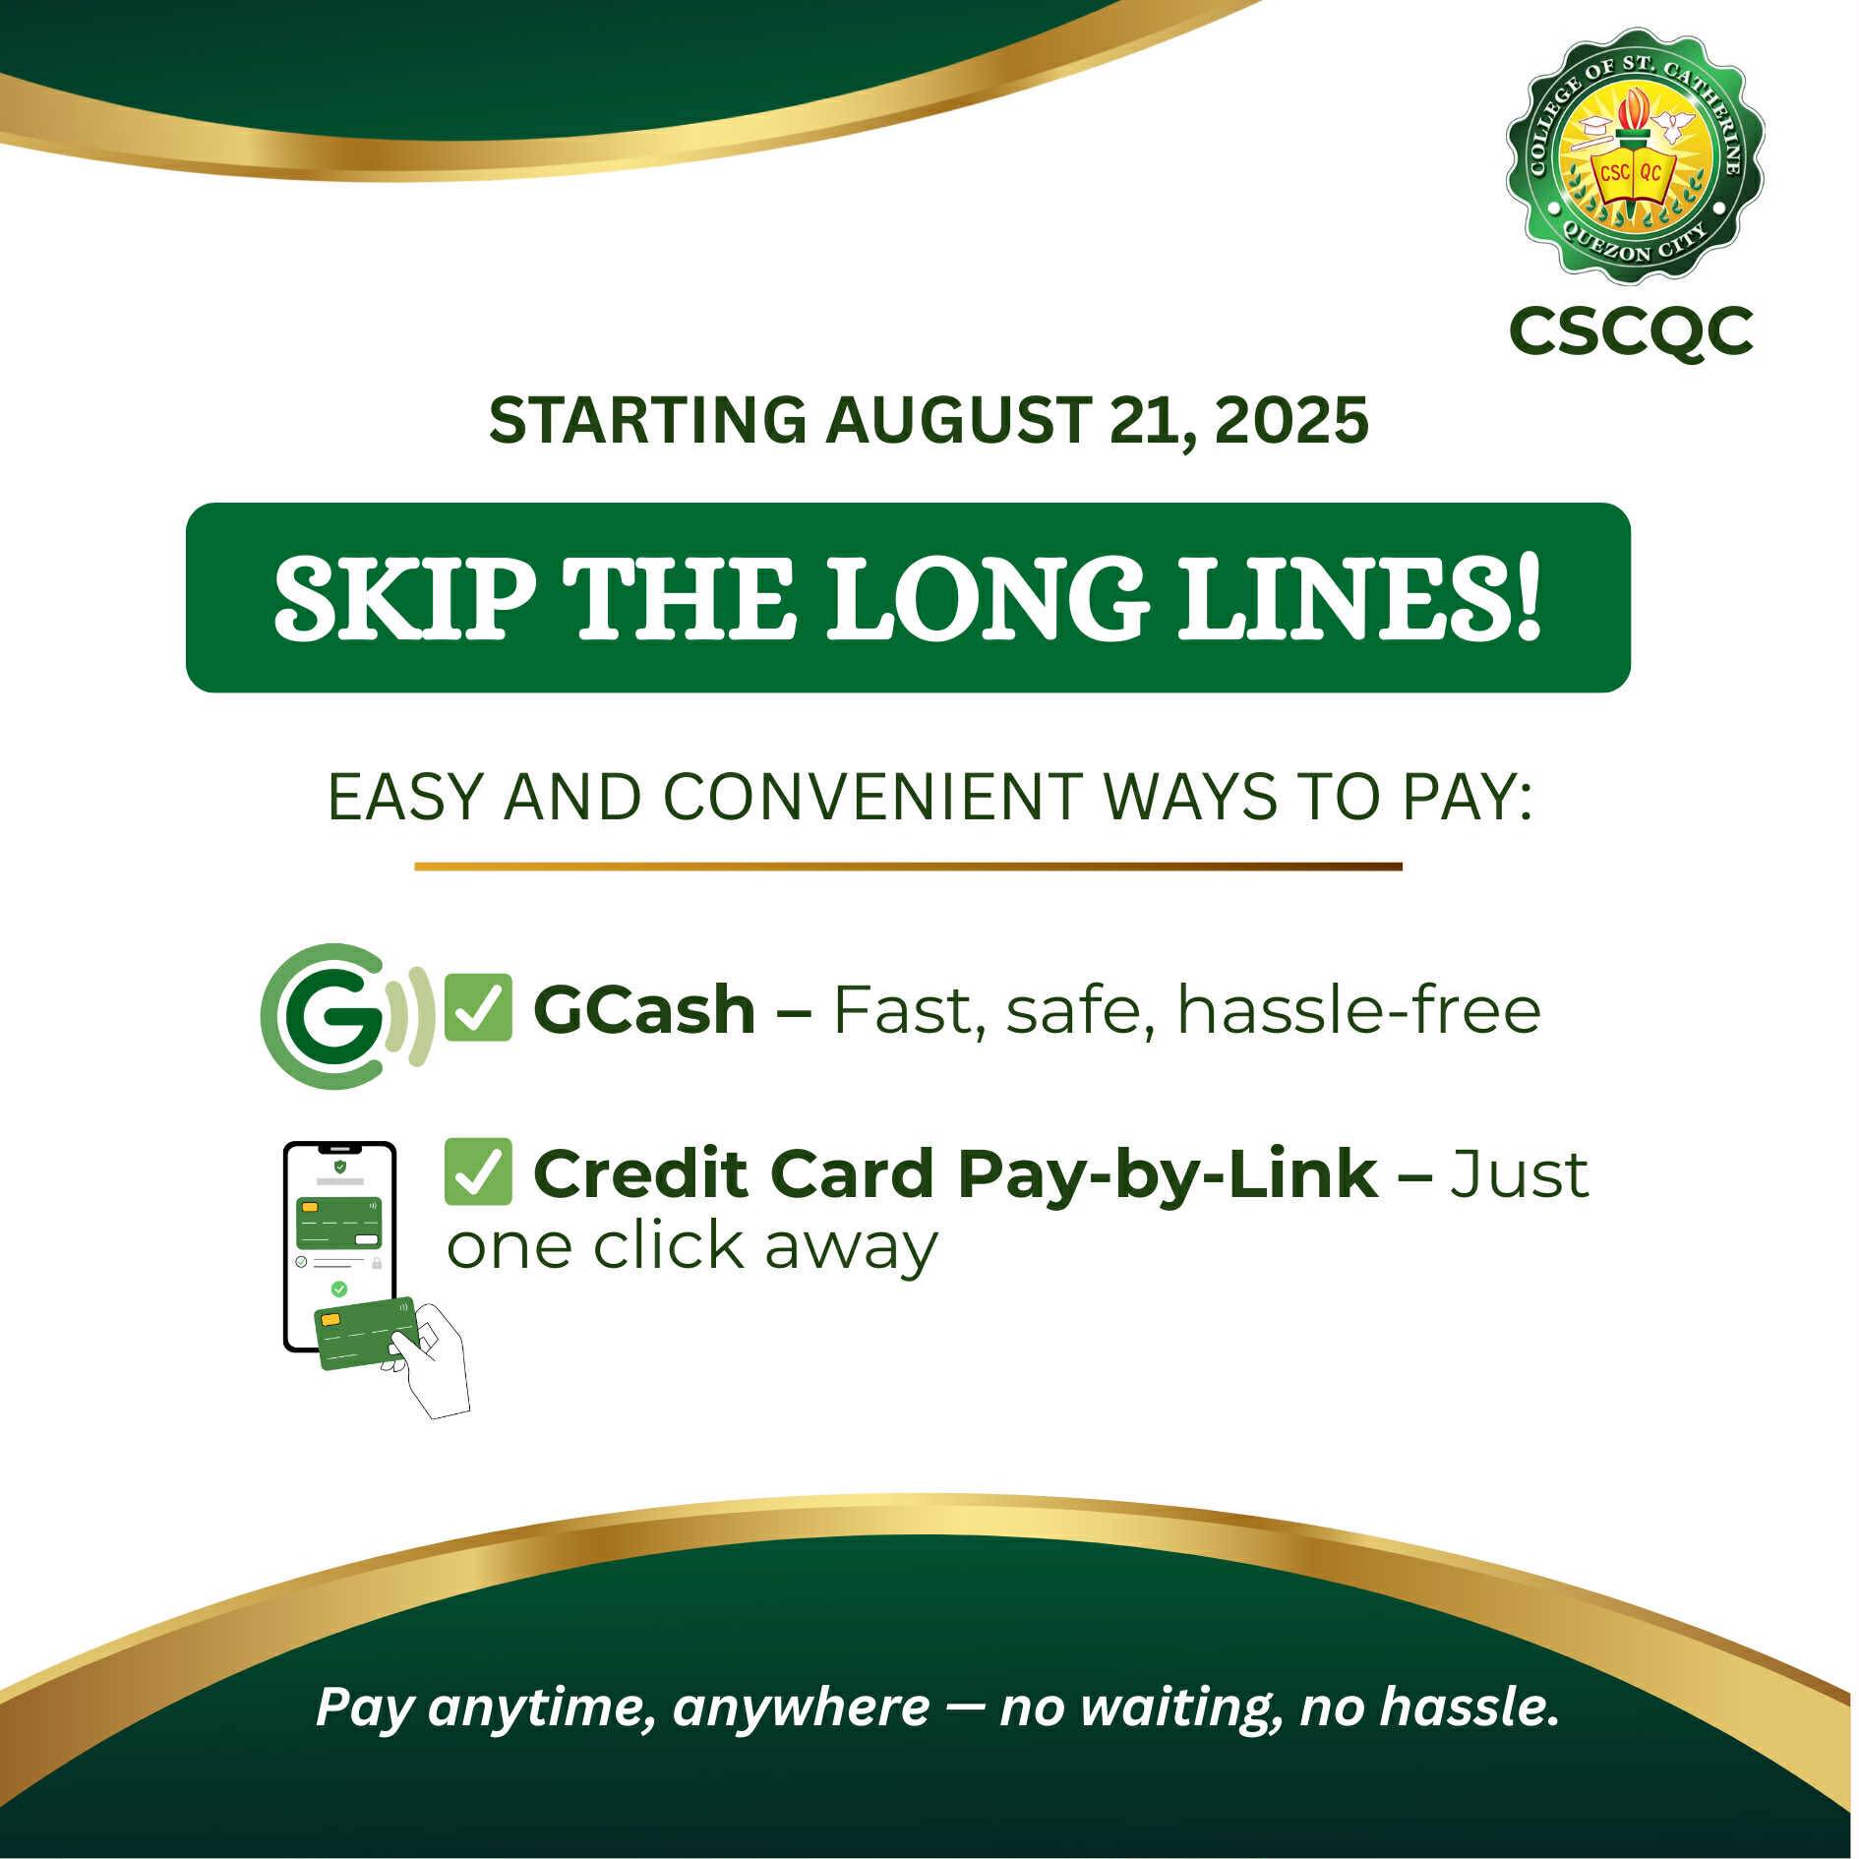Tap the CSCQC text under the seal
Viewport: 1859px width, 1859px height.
(x=1631, y=331)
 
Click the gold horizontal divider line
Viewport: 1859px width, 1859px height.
(x=908, y=867)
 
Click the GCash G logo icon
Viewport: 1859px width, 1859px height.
(x=346, y=1015)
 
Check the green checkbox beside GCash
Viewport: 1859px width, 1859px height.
(x=478, y=1007)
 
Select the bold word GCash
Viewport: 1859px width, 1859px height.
(x=644, y=1010)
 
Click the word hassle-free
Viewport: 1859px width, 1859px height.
(x=1358, y=1010)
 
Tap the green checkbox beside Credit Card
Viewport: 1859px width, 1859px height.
(x=478, y=1171)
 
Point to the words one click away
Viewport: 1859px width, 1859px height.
(x=692, y=1247)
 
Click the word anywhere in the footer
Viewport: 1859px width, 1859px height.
(x=801, y=1709)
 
